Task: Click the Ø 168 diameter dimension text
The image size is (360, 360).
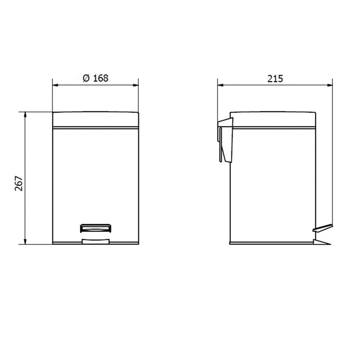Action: tap(96, 78)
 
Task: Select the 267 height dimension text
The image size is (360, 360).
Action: tap(19, 184)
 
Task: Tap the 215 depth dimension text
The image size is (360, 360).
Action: tap(275, 79)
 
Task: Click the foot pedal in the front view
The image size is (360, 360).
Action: tap(96, 228)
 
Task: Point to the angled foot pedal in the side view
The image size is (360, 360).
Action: tap(322, 228)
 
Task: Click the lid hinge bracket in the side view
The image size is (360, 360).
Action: tap(225, 139)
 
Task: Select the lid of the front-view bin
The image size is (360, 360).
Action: tap(96, 119)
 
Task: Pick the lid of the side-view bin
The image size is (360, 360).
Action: tap(273, 119)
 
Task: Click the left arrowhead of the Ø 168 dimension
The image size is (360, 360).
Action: tap(55, 85)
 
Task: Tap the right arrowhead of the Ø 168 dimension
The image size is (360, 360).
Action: tap(136, 85)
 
